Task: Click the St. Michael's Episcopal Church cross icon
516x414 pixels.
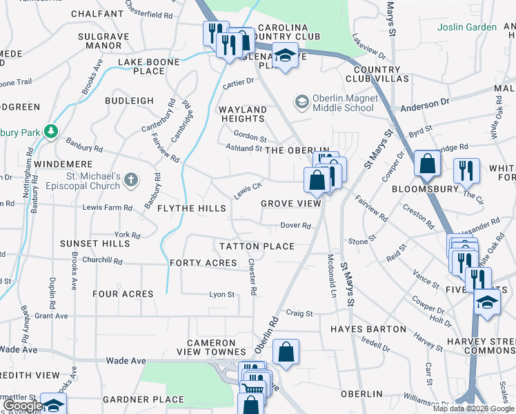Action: [x=131, y=181]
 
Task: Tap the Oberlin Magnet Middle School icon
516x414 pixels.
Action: [x=301, y=102]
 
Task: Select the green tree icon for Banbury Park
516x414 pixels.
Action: [x=50, y=130]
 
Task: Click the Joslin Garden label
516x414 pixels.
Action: [x=466, y=27]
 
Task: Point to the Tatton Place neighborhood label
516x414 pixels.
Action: [x=257, y=246]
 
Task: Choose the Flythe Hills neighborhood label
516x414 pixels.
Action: [x=192, y=208]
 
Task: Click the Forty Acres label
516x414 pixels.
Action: [x=203, y=263]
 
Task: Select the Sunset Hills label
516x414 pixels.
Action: [x=95, y=244]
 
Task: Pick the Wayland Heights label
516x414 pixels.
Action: [x=242, y=114]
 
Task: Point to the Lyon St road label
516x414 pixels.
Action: [x=222, y=295]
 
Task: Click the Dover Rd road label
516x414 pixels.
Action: [x=296, y=226]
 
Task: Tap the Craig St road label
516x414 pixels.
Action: [x=300, y=313]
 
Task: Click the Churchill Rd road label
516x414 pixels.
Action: [x=101, y=262]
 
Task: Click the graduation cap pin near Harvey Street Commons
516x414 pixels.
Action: [x=487, y=302]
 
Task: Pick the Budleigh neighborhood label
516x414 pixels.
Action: [x=129, y=101]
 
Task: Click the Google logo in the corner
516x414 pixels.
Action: [x=22, y=406]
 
